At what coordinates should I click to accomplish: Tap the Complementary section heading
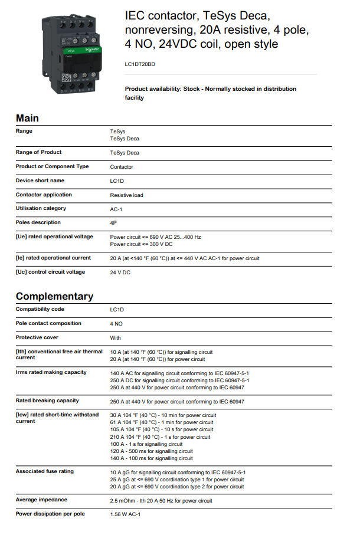click(x=54, y=296)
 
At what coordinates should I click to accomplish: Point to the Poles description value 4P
click(x=113, y=223)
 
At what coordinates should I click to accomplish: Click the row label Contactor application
click(x=44, y=195)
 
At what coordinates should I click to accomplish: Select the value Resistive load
click(x=126, y=195)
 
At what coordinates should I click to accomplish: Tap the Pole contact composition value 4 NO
click(x=116, y=324)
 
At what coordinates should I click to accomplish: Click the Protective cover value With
click(x=116, y=338)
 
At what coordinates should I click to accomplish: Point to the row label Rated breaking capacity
click(x=47, y=401)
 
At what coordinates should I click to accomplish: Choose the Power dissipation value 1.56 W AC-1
click(x=125, y=514)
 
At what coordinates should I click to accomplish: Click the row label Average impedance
click(x=41, y=500)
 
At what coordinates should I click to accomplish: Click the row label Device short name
click(x=40, y=180)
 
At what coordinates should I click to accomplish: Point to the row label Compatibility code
click(x=40, y=309)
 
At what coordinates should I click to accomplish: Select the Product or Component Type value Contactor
click(x=122, y=167)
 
